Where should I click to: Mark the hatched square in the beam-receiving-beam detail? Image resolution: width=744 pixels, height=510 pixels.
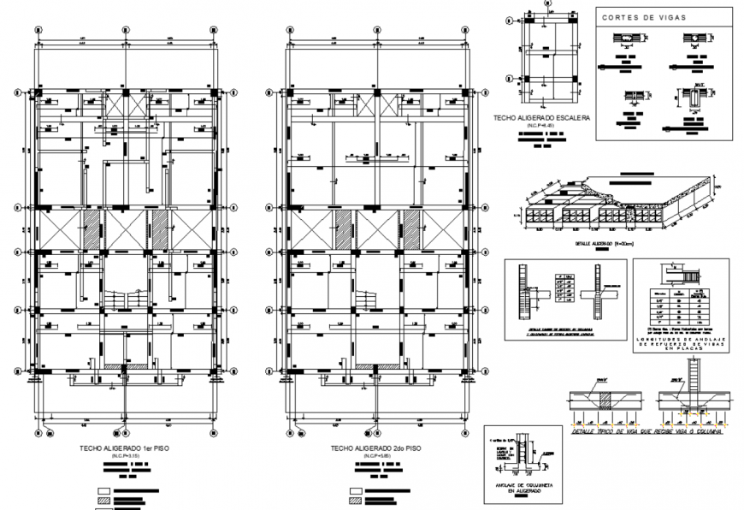[x=605, y=400]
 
